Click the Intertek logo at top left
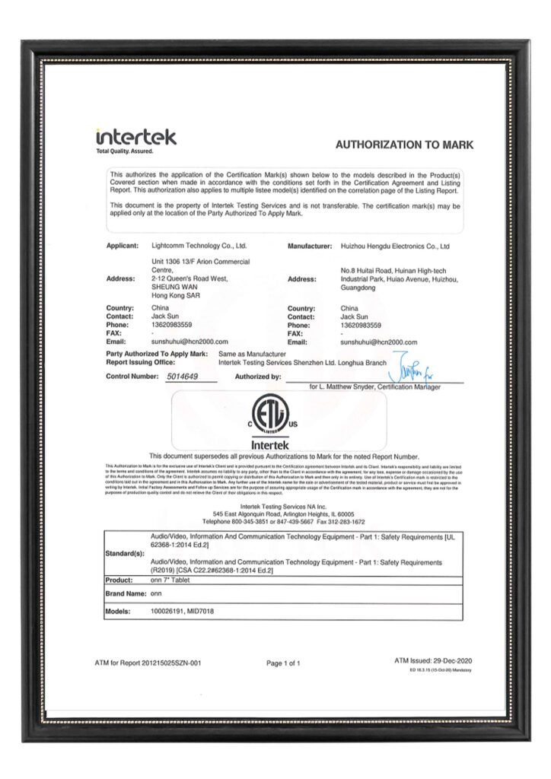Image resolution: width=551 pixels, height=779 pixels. tap(136, 138)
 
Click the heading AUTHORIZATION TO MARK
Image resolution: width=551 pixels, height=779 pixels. tap(404, 145)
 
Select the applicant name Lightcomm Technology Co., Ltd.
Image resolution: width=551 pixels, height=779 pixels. tap(200, 246)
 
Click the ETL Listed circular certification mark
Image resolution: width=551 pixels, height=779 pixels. tap(275, 415)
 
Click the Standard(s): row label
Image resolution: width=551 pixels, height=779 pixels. tap(125, 553)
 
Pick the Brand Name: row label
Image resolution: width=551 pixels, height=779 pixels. tap(125, 593)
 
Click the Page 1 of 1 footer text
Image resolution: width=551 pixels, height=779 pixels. tap(283, 663)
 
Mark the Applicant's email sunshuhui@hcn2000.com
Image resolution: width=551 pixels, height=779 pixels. tap(190, 342)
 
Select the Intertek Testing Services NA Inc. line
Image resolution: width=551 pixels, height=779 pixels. tap(283, 507)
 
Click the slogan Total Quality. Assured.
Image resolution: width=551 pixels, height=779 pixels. tap(124, 151)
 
